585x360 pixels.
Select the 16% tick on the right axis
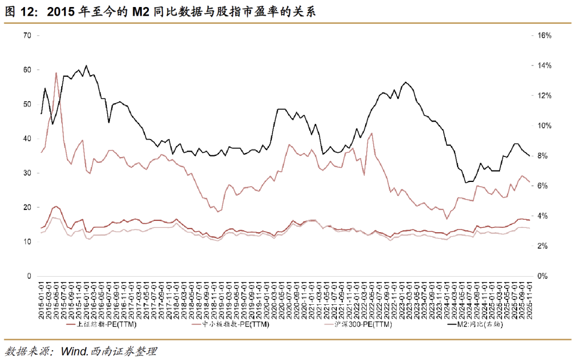click(544, 36)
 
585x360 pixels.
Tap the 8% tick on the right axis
click(542, 156)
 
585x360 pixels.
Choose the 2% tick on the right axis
click(542, 246)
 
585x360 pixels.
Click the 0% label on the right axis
click(542, 276)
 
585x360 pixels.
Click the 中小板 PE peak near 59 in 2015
click(56, 73)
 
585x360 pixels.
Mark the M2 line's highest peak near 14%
click(87, 66)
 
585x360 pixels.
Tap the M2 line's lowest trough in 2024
click(466, 183)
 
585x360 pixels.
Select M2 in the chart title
click(141, 12)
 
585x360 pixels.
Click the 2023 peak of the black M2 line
click(405, 82)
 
